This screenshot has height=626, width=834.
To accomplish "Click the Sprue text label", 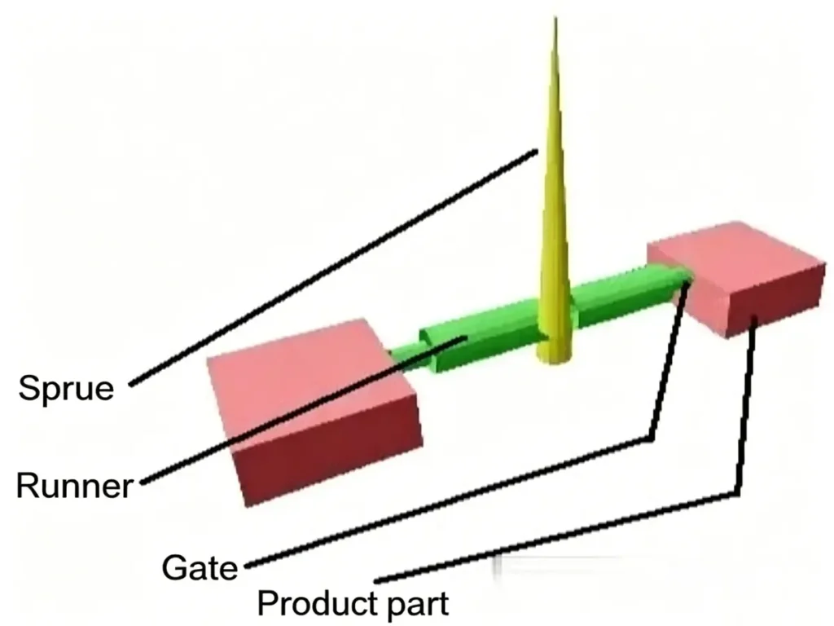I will tap(66, 387).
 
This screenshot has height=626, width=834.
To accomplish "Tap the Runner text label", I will tap(74, 487).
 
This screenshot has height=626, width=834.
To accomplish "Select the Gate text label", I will tap(200, 566).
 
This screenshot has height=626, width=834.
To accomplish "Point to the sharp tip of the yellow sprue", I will tap(555, 20).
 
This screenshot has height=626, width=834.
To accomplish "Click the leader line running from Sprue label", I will tap(326, 269).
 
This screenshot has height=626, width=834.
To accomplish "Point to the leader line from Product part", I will tap(570, 534).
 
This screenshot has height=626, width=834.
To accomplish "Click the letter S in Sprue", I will tap(29, 387).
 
